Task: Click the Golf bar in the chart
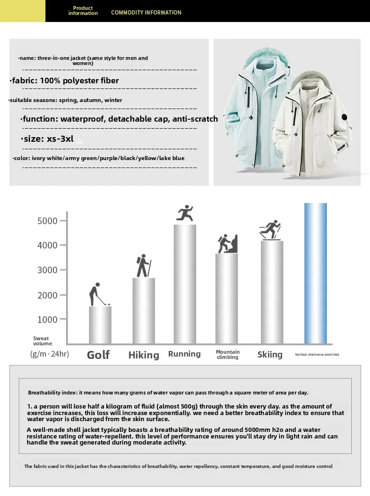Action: click(x=100, y=325)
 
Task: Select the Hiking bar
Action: click(x=143, y=311)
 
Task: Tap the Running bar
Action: click(x=185, y=284)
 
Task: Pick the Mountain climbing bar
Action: click(x=227, y=299)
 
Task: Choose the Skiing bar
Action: click(x=272, y=292)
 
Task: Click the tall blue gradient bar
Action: click(x=315, y=273)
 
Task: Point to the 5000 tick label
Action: click(x=47, y=221)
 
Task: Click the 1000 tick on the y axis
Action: click(x=47, y=320)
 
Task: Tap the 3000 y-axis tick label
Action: click(x=47, y=270)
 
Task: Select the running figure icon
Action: click(x=185, y=213)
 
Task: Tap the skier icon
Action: click(x=270, y=230)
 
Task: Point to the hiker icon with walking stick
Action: click(x=143, y=266)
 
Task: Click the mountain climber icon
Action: click(x=227, y=244)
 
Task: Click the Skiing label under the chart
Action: click(x=270, y=355)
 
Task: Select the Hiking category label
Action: click(x=143, y=355)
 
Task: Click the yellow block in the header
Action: click(x=22, y=11)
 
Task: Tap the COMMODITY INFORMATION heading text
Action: click(x=146, y=13)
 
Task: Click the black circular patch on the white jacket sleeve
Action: click(x=344, y=117)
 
